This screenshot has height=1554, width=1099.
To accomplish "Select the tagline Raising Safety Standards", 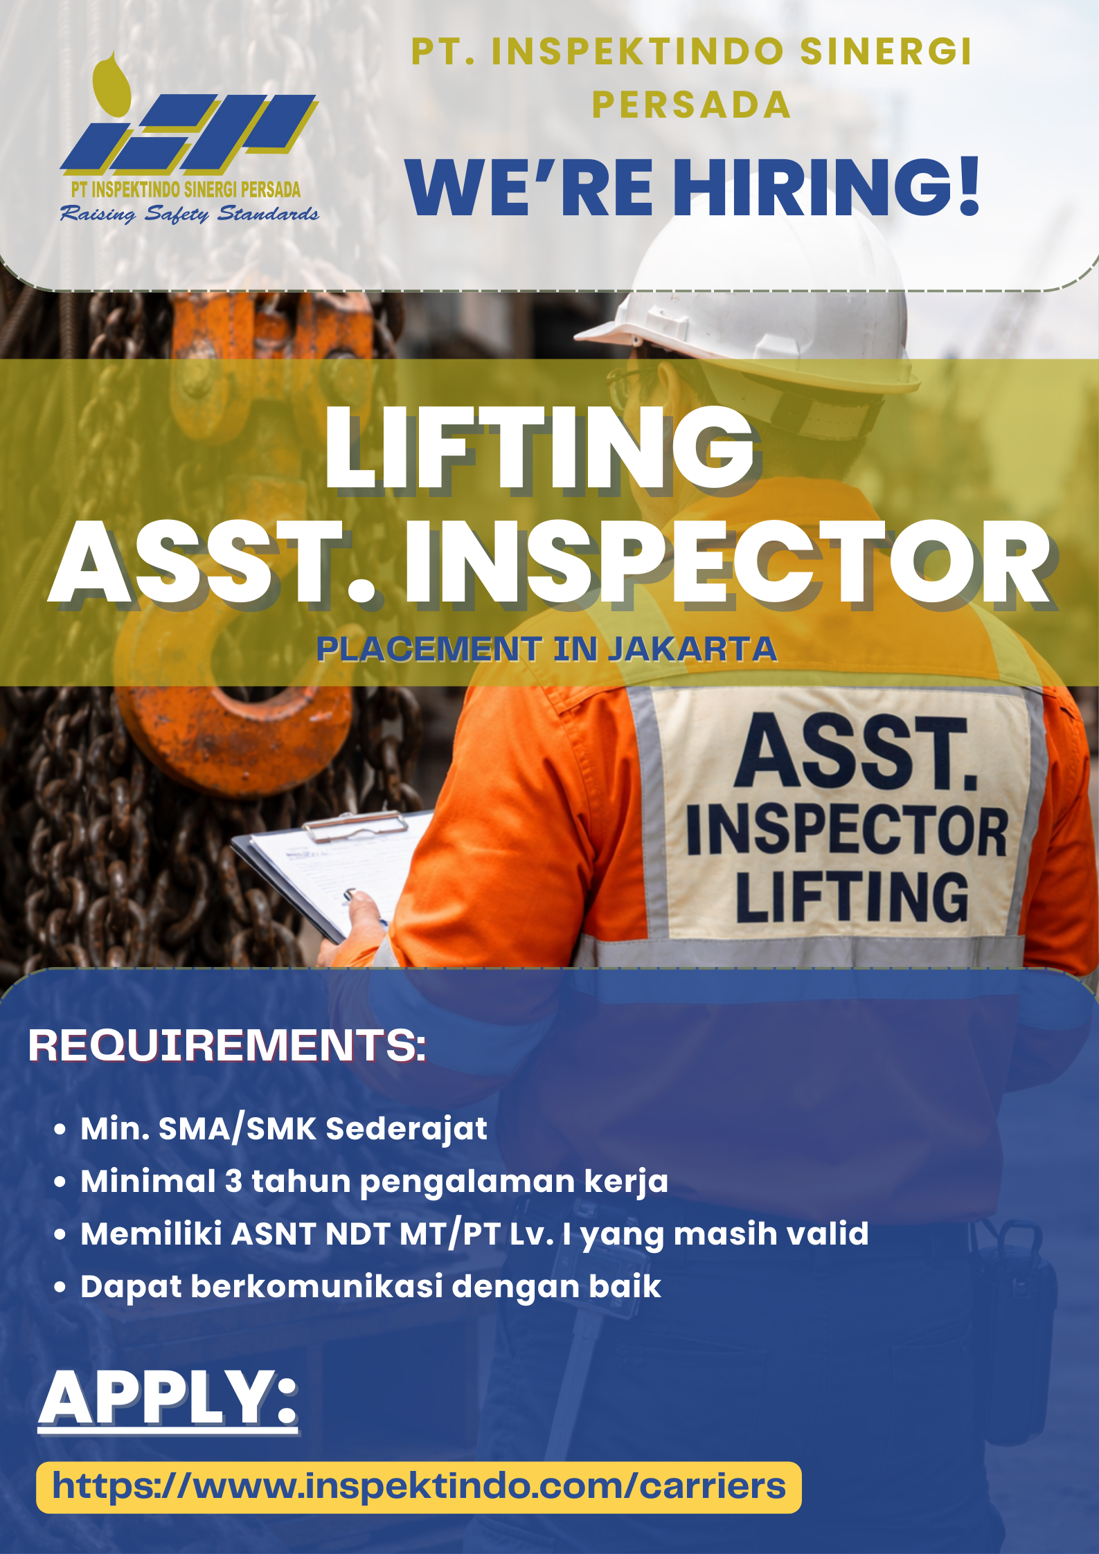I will [189, 214].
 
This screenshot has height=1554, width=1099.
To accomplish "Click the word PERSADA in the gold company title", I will [691, 105].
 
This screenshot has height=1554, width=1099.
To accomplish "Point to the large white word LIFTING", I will [540, 448].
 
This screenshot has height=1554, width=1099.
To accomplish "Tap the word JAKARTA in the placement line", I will [693, 649].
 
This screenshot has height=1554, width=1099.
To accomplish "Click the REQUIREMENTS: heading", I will [227, 1045].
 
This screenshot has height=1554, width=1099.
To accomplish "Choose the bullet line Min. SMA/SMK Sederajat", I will [284, 1129].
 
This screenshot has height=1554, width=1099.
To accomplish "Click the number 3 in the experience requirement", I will [233, 1182].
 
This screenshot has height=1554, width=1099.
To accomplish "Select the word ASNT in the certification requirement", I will [274, 1234].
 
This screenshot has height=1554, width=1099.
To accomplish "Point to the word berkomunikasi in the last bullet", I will [316, 1287].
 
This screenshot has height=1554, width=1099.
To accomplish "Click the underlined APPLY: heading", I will [168, 1398].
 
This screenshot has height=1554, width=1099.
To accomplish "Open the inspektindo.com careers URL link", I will [419, 1487].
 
